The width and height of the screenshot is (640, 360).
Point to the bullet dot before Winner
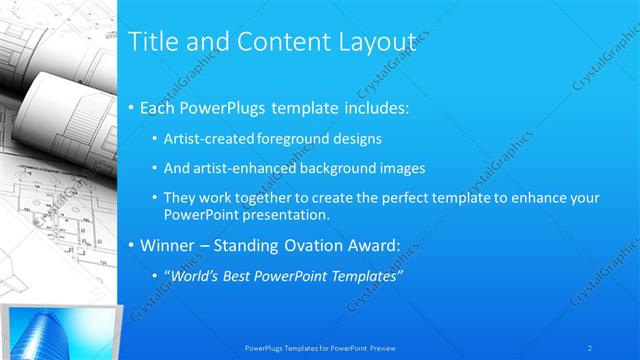pyautogui.click(x=133, y=245)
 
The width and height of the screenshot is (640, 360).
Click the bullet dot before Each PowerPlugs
pyautogui.click(x=133, y=108)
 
